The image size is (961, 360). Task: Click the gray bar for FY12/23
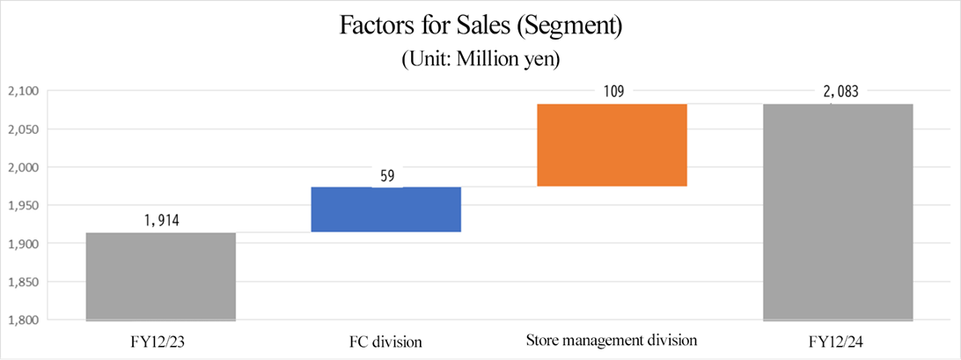[161, 276]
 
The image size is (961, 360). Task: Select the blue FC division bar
[385, 209]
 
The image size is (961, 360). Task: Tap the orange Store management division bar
[612, 145]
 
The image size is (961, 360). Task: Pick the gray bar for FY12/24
[837, 211]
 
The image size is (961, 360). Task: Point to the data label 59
[385, 176]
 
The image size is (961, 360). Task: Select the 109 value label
[612, 91]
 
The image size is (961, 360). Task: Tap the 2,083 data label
[837, 91]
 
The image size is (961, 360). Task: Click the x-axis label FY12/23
[161, 340]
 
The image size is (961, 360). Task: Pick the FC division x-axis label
[385, 340]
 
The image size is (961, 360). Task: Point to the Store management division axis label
[612, 340]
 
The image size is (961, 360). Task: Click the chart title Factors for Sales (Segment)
[480, 26]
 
